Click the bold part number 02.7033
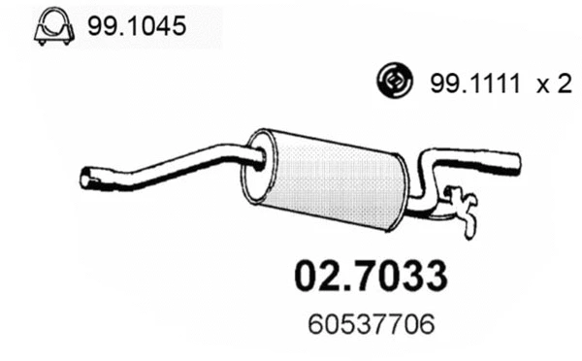click(370, 275)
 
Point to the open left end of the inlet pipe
click(85, 178)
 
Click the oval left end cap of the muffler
click(259, 166)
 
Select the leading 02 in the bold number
click(312, 275)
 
